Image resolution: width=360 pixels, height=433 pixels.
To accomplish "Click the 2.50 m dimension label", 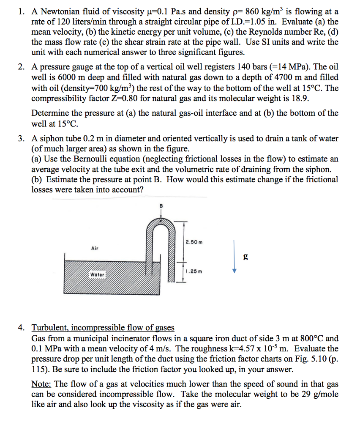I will pyautogui.click(x=194, y=242).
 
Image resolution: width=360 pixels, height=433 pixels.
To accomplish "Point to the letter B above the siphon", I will pyautogui.click(x=161, y=206).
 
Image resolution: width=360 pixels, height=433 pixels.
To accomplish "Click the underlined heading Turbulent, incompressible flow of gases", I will pyautogui.click(x=103, y=328).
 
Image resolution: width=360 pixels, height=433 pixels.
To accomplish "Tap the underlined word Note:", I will pyautogui.click(x=41, y=384).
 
